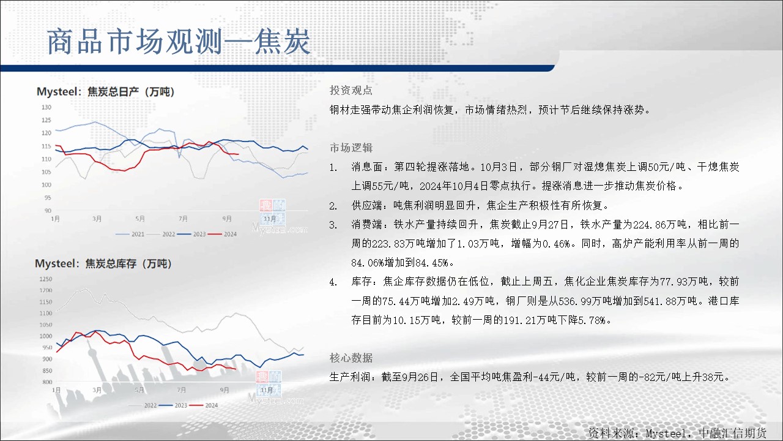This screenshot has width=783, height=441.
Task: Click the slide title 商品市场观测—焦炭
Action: tap(179, 42)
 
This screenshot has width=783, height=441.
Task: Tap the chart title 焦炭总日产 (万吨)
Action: tap(131, 92)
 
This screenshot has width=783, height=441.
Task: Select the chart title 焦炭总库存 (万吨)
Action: tap(128, 263)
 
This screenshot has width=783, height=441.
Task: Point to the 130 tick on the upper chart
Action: tap(46, 107)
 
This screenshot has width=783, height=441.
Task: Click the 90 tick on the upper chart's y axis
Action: tap(48, 210)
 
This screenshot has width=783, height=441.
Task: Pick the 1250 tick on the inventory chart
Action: tap(46, 279)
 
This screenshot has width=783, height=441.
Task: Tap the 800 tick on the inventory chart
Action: tap(47, 382)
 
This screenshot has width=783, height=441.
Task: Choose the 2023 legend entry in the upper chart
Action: tap(191, 234)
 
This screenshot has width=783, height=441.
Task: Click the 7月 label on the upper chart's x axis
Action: tap(183, 219)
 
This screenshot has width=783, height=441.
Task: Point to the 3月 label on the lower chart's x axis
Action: tap(97, 390)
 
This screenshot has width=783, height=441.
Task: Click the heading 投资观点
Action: tap(351, 90)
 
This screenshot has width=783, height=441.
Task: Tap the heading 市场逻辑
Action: tap(351, 148)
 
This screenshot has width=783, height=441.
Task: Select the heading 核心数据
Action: tap(351, 358)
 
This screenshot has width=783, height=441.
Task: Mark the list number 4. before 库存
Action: tap(333, 282)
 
